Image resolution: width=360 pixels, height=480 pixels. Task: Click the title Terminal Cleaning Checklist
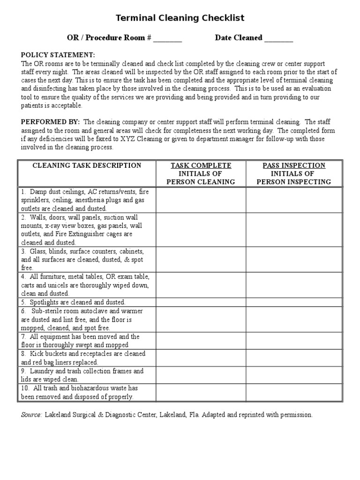[x=180, y=18]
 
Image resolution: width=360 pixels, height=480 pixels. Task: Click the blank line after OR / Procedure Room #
[x=167, y=38]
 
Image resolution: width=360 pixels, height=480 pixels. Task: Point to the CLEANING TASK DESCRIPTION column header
[x=87, y=165]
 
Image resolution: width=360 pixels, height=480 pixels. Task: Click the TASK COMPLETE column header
[x=201, y=165]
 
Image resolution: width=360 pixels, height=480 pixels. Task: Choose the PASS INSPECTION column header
[x=294, y=165]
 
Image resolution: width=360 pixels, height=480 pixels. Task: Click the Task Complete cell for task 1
[x=201, y=200]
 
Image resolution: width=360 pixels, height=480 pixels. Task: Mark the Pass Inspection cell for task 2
[x=294, y=230]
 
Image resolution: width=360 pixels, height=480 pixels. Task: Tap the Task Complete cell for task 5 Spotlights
[x=201, y=302]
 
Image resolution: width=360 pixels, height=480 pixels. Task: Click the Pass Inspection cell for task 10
[x=294, y=392]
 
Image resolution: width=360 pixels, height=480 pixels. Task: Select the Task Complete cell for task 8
[x=201, y=358]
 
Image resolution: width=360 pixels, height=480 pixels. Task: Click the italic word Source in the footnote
[x=31, y=415]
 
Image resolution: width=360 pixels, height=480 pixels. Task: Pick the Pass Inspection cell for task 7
[x=294, y=341]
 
